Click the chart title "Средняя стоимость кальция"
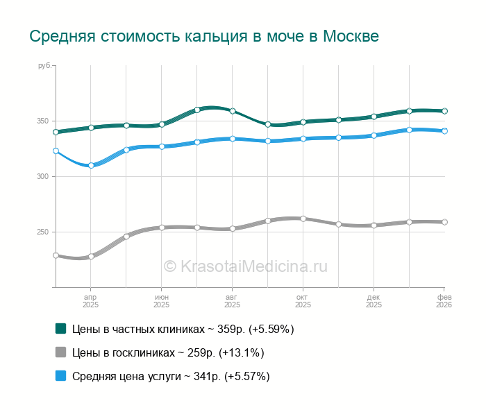[204, 36]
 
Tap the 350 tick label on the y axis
[43, 121]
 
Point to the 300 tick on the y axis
[43, 177]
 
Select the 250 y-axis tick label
[43, 232]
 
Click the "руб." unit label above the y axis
[44, 65]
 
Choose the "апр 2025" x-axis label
[90, 300]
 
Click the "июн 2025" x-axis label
[161, 300]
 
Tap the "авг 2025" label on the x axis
[232, 300]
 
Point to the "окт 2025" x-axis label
[303, 300]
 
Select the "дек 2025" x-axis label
[374, 300]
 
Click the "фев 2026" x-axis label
[444, 300]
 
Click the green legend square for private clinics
[60, 329]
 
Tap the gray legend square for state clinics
[60, 352]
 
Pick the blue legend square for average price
[60, 376]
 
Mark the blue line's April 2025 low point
[91, 165]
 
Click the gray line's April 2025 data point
[91, 256]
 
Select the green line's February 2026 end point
[444, 111]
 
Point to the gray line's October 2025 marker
[303, 219]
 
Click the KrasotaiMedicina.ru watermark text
[245, 266]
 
